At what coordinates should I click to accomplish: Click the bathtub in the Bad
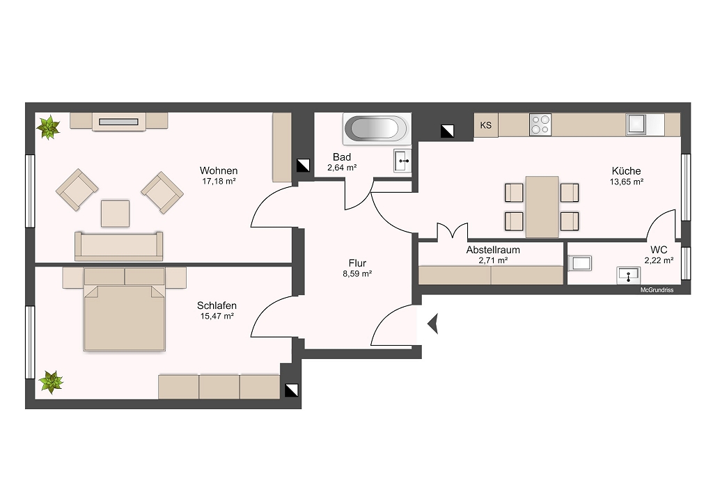pyautogui.click(x=377, y=128)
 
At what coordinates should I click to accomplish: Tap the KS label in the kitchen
pyautogui.click(x=485, y=125)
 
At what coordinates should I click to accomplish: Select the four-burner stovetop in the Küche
pyautogui.click(x=540, y=125)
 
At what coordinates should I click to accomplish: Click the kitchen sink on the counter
pyautogui.click(x=636, y=125)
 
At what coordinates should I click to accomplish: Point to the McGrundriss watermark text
pyautogui.click(x=657, y=290)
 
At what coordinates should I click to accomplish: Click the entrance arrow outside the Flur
pyautogui.click(x=432, y=324)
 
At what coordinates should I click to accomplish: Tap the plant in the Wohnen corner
pyautogui.click(x=48, y=127)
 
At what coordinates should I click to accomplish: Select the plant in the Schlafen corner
pyautogui.click(x=51, y=382)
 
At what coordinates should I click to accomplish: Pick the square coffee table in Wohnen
pyautogui.click(x=115, y=214)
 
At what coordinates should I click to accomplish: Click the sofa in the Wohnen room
pyautogui.click(x=118, y=246)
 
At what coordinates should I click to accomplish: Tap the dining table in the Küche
pyautogui.click(x=542, y=207)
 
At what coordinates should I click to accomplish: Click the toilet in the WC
pyautogui.click(x=580, y=263)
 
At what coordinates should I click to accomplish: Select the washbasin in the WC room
pyautogui.click(x=629, y=275)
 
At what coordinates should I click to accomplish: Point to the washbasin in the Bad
pyautogui.click(x=402, y=161)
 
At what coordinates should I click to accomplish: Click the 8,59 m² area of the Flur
pyautogui.click(x=357, y=273)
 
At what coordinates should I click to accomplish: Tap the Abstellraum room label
pyautogui.click(x=493, y=250)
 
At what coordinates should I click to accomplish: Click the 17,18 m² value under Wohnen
pyautogui.click(x=219, y=181)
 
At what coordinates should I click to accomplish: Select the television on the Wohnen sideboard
pyautogui.click(x=118, y=122)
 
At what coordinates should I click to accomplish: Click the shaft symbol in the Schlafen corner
pyautogui.click(x=291, y=390)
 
